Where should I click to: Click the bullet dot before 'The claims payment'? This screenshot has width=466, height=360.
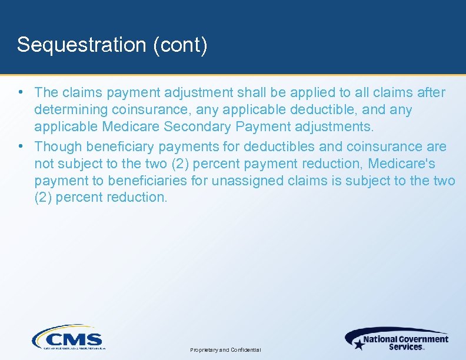tap(21, 92)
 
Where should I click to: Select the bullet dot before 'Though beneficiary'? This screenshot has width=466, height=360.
tap(21, 145)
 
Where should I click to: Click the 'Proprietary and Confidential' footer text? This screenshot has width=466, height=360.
tap(226, 350)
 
